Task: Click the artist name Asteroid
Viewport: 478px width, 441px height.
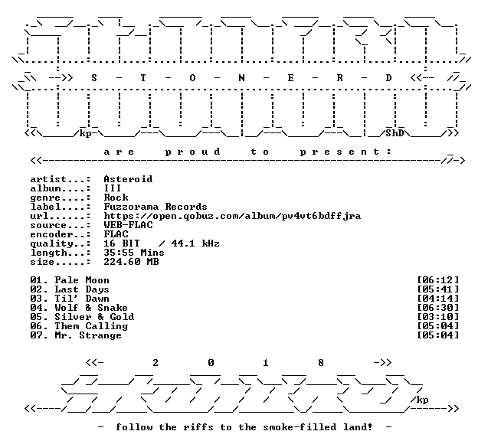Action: point(128,179)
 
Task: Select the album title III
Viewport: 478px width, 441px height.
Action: point(113,188)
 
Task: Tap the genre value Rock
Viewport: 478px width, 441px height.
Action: point(116,198)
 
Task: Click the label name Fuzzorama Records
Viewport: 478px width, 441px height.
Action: point(156,206)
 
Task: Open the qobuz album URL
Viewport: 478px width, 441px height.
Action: point(232,216)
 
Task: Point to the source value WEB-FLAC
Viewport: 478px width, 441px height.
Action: point(128,225)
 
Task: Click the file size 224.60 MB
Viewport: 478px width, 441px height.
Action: point(131,262)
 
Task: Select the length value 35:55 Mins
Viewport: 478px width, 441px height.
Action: point(134,253)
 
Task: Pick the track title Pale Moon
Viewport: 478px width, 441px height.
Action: point(82,280)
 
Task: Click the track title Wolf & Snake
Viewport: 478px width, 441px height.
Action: point(91,308)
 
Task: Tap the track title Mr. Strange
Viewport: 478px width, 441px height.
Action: point(88,335)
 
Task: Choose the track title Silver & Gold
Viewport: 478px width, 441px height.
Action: point(94,317)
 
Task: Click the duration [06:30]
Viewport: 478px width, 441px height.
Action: point(437,308)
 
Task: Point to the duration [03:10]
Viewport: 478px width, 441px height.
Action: point(437,317)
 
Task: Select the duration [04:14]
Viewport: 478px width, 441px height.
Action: point(437,299)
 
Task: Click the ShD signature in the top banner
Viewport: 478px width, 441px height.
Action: point(395,133)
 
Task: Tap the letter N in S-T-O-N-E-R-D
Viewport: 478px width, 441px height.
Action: point(241,78)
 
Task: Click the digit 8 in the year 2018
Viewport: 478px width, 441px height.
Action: point(321,363)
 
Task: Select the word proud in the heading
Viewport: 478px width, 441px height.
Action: point(193,152)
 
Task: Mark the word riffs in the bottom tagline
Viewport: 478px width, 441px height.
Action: point(198,427)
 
